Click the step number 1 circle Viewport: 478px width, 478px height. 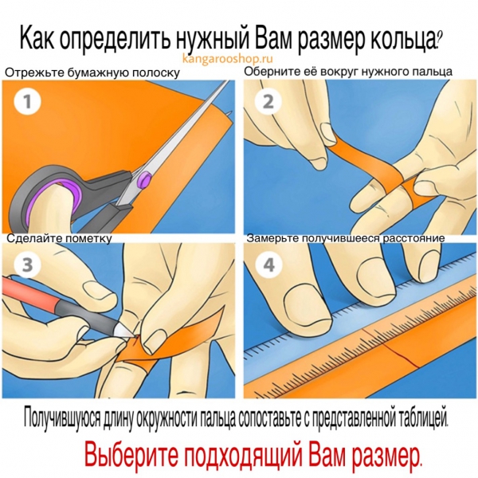(x=27, y=101)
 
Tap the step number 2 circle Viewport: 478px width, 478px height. (x=268, y=101)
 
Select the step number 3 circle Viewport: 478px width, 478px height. (x=27, y=264)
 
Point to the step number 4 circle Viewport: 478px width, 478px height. (x=268, y=264)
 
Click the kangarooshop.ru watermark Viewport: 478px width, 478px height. (x=227, y=58)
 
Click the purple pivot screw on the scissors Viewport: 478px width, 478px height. (x=146, y=178)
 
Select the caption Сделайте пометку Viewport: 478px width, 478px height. (x=59, y=238)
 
